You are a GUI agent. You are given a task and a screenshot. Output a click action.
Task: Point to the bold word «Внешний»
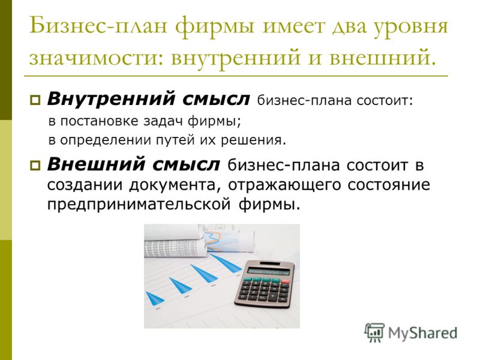click(95, 164)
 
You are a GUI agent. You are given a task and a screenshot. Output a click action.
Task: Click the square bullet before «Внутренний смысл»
click(35, 100)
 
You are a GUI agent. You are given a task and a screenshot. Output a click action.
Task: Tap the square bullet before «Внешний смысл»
click(35, 166)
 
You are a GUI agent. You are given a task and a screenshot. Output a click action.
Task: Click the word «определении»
click(106, 140)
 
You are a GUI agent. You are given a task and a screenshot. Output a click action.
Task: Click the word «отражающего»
click(284, 185)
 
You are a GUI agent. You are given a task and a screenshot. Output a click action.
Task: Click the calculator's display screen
click(268, 271)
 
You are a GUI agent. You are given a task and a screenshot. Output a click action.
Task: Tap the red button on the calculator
click(285, 281)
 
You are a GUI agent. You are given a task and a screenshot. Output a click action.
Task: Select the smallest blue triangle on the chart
click(155, 298)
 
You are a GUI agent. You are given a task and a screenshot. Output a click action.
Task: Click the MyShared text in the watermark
click(422, 333)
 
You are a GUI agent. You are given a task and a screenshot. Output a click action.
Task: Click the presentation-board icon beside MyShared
click(374, 332)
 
